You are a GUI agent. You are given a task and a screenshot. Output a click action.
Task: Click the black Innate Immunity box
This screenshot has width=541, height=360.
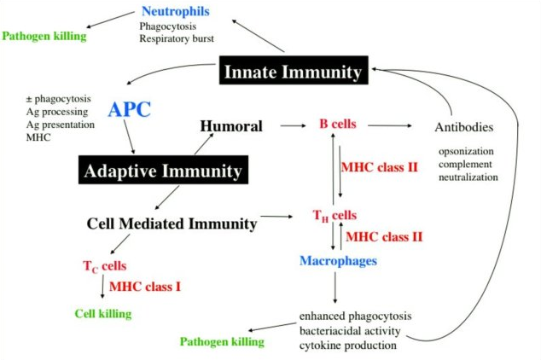click(292, 72)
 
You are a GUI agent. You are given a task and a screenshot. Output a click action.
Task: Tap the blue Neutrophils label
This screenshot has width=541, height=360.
click(175, 11)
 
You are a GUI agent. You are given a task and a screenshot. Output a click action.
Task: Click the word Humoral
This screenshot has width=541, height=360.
click(230, 126)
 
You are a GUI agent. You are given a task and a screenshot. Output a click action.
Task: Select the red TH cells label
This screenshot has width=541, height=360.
click(334, 217)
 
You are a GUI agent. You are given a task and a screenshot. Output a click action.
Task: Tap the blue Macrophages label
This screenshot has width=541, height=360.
click(338, 259)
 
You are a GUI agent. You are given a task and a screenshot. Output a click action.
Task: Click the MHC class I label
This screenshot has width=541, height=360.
click(144, 286)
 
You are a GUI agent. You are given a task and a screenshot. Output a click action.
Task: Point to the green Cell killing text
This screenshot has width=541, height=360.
click(103, 313)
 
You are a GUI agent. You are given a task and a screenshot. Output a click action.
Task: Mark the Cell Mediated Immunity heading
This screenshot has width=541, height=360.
click(172, 224)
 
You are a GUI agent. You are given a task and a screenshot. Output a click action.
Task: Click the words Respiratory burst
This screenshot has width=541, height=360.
click(177, 38)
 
